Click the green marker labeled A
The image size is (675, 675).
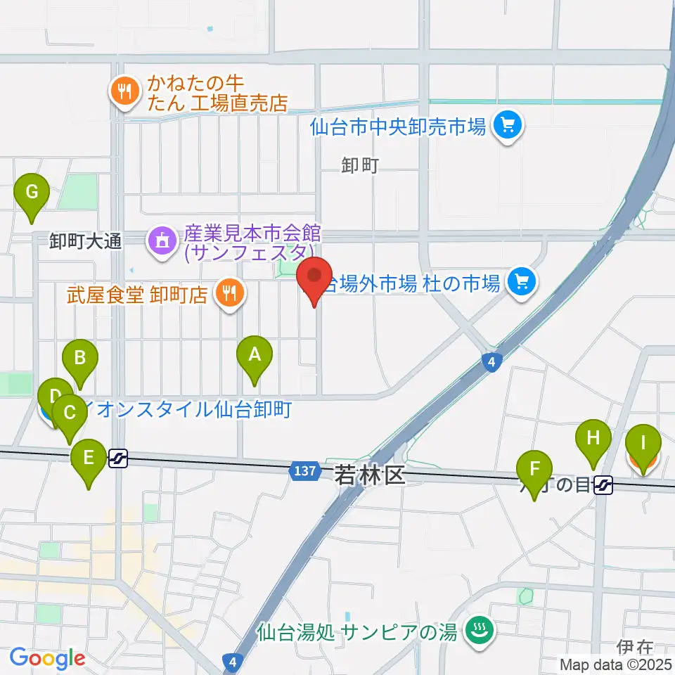click(x=255, y=356)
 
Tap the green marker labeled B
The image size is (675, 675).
click(x=80, y=359)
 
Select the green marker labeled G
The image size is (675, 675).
click(x=32, y=192)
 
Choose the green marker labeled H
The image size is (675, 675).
click(x=593, y=439)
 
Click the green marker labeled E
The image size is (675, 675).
click(x=89, y=458)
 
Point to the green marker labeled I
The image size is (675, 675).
click(x=642, y=444)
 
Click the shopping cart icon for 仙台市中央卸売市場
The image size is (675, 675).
click(x=508, y=127)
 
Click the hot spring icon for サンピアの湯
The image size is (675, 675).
click(x=480, y=631)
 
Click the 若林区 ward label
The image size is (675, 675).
click(x=369, y=476)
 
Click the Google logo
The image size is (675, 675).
click(x=47, y=658)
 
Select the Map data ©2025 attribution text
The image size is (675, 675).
click(x=616, y=664)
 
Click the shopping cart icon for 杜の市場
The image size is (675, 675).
click(x=522, y=283)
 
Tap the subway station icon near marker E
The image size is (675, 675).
click(x=118, y=459)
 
